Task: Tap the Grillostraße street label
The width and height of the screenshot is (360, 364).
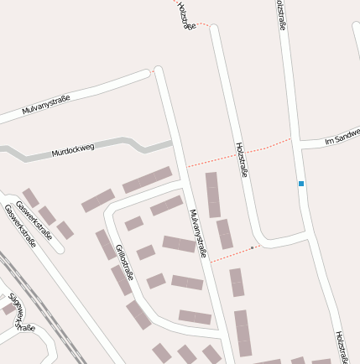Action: [x=125, y=262]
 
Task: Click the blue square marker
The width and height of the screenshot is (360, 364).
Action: [x=301, y=183]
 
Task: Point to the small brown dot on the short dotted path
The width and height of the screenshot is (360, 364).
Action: [x=252, y=247]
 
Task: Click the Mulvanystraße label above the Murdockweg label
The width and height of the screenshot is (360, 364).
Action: [x=46, y=105]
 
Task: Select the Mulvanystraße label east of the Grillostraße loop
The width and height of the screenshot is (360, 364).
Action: [x=198, y=232]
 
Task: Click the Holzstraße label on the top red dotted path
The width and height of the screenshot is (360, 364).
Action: [x=186, y=15]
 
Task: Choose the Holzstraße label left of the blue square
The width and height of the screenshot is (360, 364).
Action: [x=242, y=159]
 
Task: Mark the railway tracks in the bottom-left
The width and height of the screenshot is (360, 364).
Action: [x=46, y=310]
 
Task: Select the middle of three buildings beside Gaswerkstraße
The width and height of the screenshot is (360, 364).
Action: [x=49, y=215]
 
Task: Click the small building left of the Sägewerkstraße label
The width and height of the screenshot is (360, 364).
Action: [x=8, y=308]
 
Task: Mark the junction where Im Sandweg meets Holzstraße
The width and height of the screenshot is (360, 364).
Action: [x=299, y=144]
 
